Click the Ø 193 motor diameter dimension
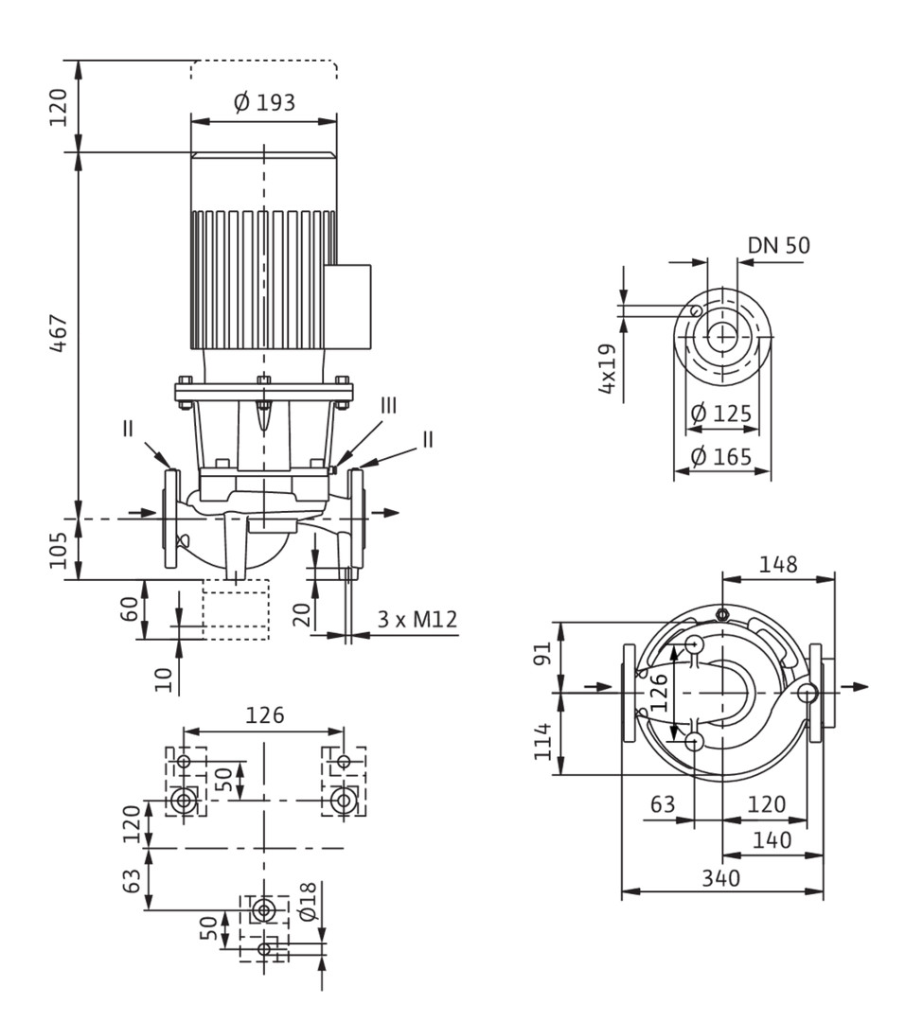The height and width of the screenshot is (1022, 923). click(x=264, y=102)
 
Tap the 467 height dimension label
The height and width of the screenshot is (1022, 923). click(x=59, y=333)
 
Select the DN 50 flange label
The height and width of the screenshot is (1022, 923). click(x=778, y=245)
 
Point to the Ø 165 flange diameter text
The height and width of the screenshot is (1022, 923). click(x=721, y=457)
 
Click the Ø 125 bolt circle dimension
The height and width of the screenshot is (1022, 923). click(x=721, y=414)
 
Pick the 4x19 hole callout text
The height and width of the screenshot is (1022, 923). click(x=607, y=368)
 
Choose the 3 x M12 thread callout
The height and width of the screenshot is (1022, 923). click(x=417, y=619)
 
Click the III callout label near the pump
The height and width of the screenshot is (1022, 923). click(x=388, y=405)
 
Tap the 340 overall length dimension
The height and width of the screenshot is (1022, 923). click(x=721, y=878)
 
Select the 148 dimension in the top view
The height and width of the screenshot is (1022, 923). click(x=777, y=564)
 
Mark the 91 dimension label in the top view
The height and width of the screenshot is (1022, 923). click(x=542, y=652)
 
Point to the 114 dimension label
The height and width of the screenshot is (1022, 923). click(x=542, y=740)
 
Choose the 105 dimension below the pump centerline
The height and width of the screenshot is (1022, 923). click(x=59, y=550)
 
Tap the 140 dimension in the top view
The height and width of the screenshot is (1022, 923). click(x=772, y=840)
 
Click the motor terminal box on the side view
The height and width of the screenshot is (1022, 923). click(x=347, y=307)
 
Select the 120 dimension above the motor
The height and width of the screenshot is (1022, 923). click(x=59, y=108)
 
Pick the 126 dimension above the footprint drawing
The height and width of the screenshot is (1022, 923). click(x=265, y=715)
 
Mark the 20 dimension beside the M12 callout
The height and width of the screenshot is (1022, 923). click(x=301, y=615)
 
